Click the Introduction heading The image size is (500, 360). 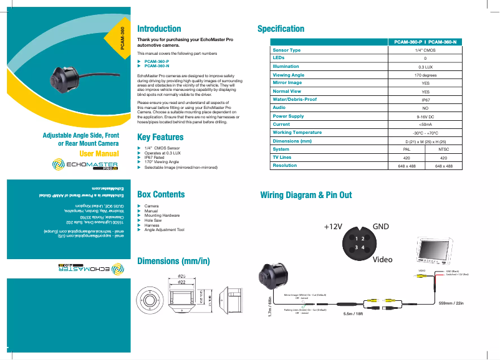(x=159, y=29)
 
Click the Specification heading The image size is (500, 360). (x=281, y=29)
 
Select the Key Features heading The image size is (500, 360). (x=160, y=137)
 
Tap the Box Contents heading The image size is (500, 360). (x=161, y=194)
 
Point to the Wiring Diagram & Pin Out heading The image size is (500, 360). (x=305, y=195)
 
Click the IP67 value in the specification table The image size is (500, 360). (x=425, y=100)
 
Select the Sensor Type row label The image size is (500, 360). (x=287, y=50)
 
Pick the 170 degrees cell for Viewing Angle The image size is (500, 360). (x=425, y=75)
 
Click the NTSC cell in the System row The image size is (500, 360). (x=444, y=149)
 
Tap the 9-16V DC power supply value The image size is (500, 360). (x=425, y=116)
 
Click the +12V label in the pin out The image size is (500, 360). (x=334, y=227)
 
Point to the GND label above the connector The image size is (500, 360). (x=381, y=226)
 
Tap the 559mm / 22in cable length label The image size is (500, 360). (x=451, y=303)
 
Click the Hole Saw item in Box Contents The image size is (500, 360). (x=153, y=220)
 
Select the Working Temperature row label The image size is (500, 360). (x=297, y=133)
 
